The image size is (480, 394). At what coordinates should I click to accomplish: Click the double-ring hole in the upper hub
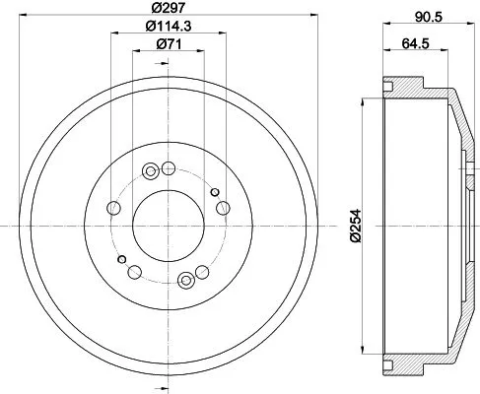(151, 172)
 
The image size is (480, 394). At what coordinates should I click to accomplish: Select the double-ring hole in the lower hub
(185, 282)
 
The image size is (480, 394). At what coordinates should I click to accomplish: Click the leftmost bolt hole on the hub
(113, 209)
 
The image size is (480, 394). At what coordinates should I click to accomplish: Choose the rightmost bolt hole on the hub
(224, 207)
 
